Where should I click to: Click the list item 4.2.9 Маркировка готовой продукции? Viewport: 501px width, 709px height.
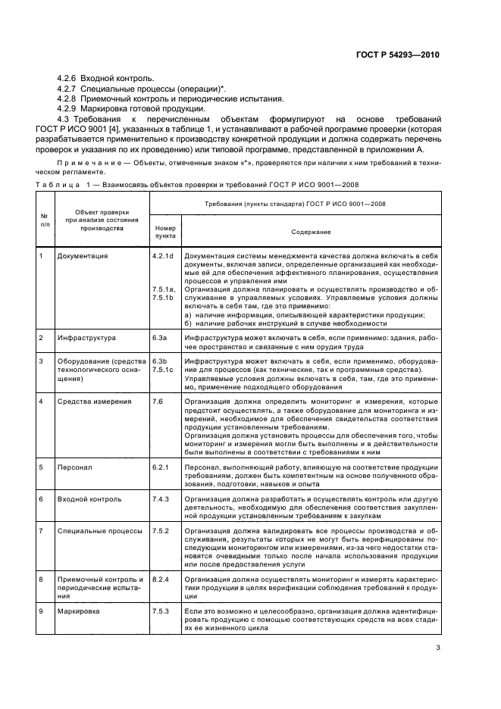pos(120,108)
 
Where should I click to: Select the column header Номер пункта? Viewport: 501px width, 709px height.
pos(164,232)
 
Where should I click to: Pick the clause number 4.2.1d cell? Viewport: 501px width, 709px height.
pos(163,256)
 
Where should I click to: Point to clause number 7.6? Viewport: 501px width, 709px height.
pos(158,401)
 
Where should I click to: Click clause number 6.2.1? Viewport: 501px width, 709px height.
pos(160,467)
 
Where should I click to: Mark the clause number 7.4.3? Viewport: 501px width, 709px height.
pos(160,501)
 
